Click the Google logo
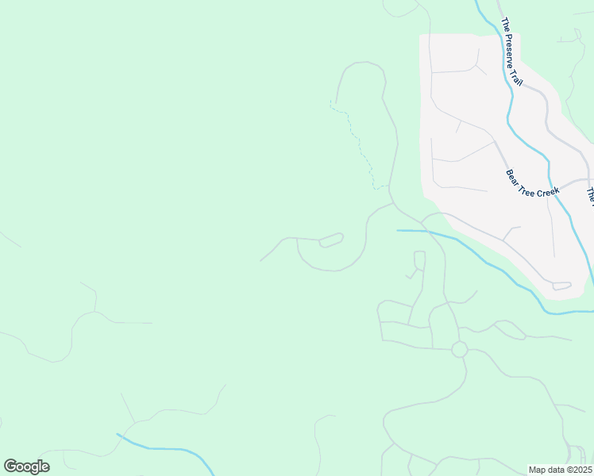pos(26,466)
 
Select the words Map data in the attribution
pos(547,470)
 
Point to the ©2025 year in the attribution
pos(579,470)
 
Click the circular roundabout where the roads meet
pos(459,349)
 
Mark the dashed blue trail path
pos(361,147)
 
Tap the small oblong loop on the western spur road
pos(331,240)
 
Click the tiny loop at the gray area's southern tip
pos(561,286)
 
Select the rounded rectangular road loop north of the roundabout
pos(419,260)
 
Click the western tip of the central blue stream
pos(399,231)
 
